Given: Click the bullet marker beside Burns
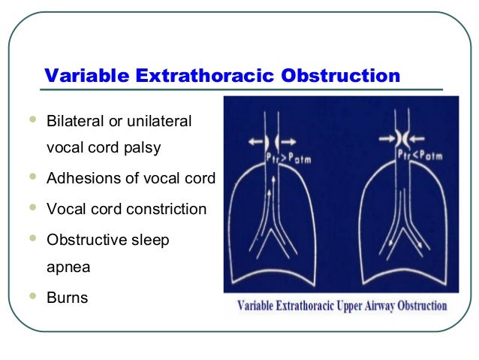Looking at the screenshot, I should (32, 295).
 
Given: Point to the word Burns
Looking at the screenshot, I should (68, 298).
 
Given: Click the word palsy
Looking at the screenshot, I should (143, 148).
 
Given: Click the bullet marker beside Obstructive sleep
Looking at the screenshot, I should (32, 237).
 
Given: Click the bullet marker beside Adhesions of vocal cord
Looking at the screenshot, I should (32, 177).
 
